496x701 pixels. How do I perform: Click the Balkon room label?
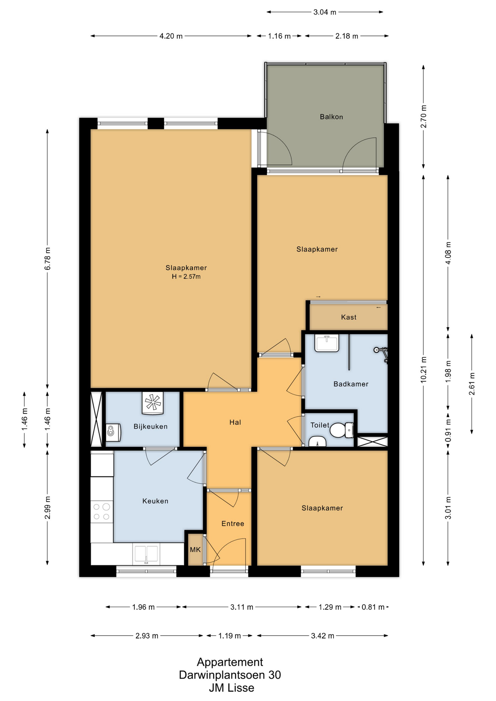pyautogui.click(x=331, y=117)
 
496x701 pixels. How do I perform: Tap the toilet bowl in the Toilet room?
pyautogui.click(x=342, y=430)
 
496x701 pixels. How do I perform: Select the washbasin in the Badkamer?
pyautogui.click(x=327, y=343)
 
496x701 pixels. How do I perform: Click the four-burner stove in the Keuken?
pyautogui.click(x=102, y=512)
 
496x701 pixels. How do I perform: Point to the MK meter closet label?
pyautogui.click(x=195, y=549)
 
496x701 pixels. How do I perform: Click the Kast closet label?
pyautogui.click(x=349, y=317)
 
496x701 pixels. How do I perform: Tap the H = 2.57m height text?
pyautogui.click(x=186, y=276)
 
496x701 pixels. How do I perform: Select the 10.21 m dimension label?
pyautogui.click(x=423, y=369)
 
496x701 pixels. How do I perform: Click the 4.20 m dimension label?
pyautogui.click(x=171, y=36)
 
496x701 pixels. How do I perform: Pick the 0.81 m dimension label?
pyautogui.click(x=373, y=607)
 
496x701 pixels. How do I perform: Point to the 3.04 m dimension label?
pyautogui.click(x=325, y=12)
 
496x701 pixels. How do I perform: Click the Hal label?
pyautogui.click(x=235, y=422)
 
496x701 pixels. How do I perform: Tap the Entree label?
pyautogui.click(x=233, y=524)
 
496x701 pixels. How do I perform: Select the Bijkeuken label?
pyautogui.click(x=150, y=426)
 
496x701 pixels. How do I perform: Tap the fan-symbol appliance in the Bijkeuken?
pyautogui.click(x=153, y=403)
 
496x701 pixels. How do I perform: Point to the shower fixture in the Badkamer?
pyautogui.click(x=381, y=353)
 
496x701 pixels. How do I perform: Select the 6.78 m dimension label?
pyautogui.click(x=47, y=258)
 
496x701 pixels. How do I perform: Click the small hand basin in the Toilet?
pyautogui.click(x=318, y=442)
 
